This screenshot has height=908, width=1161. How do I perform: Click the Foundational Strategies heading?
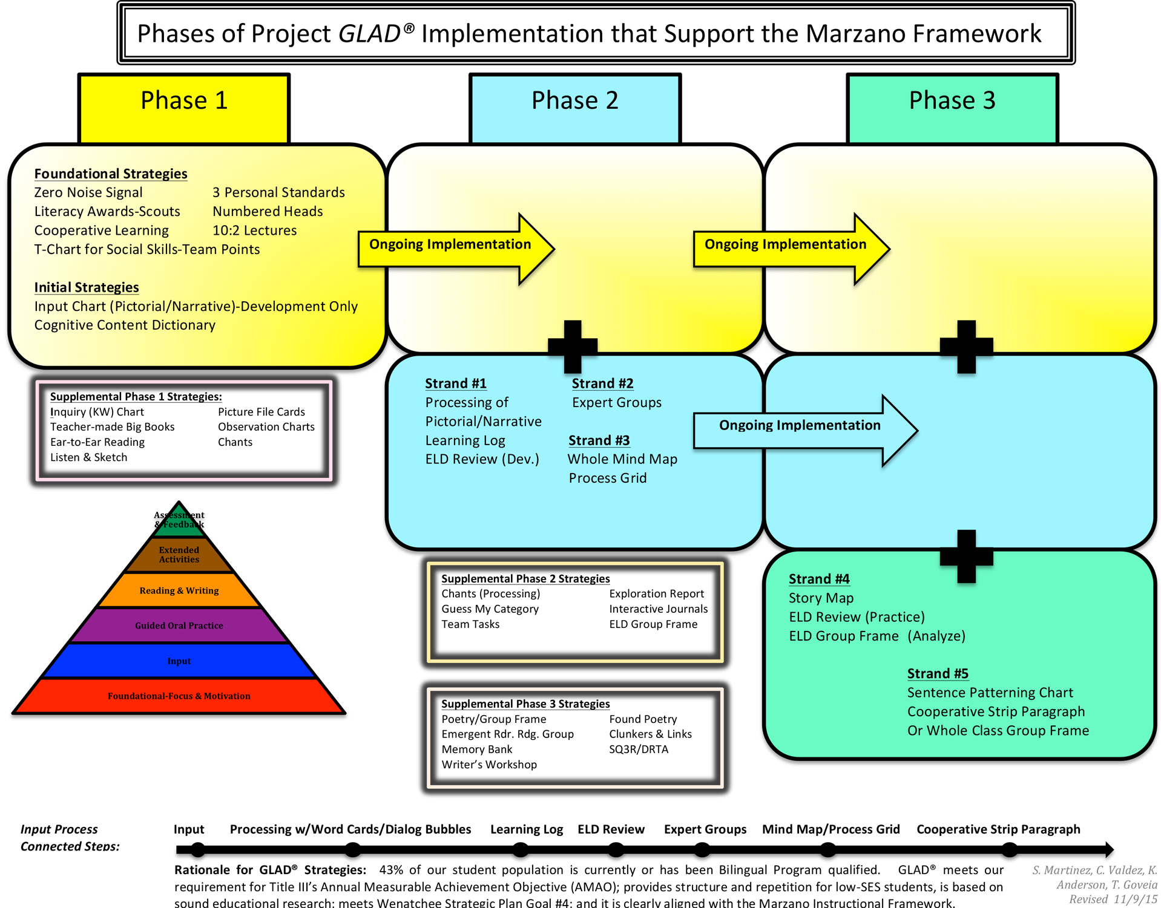[111, 174]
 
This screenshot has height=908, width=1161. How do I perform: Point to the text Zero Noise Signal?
[88, 192]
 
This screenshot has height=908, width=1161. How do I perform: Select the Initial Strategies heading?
[87, 287]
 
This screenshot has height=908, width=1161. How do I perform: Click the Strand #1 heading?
[456, 384]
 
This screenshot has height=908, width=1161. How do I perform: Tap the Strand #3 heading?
[599, 440]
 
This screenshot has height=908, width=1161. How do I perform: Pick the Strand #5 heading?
[938, 673]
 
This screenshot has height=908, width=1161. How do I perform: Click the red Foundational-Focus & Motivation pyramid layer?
[179, 696]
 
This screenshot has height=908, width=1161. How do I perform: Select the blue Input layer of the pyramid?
[179, 661]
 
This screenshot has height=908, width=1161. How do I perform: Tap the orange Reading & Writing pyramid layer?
[179, 590]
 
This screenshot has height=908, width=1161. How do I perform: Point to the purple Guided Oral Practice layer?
[179, 625]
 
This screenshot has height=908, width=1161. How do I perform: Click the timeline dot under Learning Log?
[521, 850]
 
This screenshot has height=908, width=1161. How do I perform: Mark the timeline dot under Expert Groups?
[702, 850]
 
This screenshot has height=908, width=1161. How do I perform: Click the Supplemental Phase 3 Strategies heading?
[525, 704]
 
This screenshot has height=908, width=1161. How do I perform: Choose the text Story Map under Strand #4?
[821, 598]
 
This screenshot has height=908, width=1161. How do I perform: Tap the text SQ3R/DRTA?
[639, 749]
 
